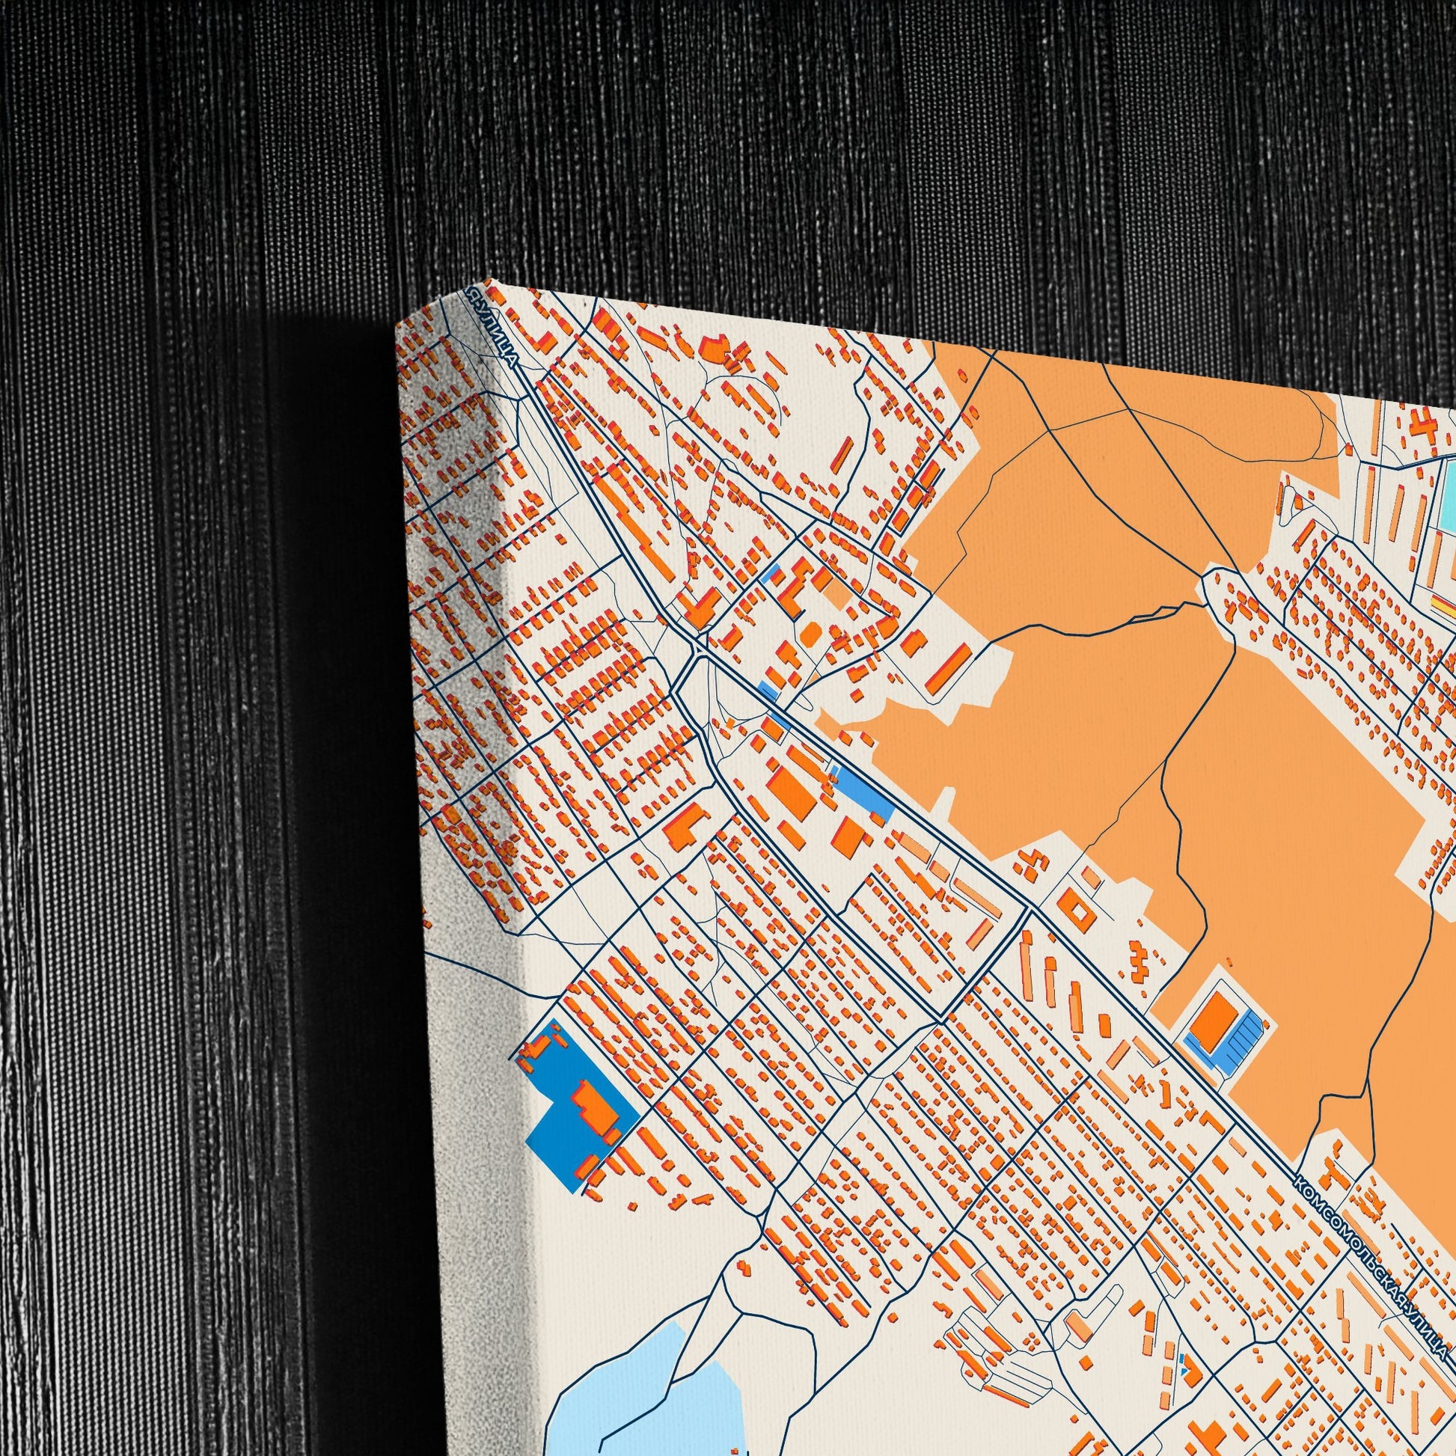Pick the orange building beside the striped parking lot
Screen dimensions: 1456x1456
(1214, 1017)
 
